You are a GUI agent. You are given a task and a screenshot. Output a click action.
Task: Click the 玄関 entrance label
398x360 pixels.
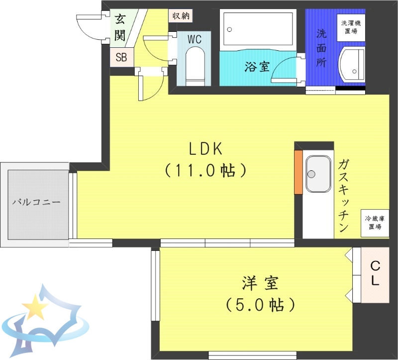[x=120, y=28]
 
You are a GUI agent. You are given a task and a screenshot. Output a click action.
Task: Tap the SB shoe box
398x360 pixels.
[x=121, y=57]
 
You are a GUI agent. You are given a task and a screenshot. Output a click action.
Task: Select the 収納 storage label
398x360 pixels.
[x=181, y=15]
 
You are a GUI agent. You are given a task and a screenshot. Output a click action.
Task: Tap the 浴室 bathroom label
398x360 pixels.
[x=256, y=67]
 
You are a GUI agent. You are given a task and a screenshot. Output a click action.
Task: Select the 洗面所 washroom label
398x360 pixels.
[x=322, y=49]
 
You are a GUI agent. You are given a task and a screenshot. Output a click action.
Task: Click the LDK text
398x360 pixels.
[x=204, y=149]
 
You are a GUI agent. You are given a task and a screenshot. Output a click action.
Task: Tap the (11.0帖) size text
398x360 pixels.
[x=205, y=171]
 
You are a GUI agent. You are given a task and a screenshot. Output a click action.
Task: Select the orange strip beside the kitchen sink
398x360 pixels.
[x=298, y=172]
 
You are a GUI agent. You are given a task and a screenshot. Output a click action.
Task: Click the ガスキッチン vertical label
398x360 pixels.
[x=343, y=196]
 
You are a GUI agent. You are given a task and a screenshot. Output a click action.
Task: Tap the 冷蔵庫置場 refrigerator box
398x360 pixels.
[x=374, y=223]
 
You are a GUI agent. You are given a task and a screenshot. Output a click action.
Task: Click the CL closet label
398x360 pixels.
[x=375, y=274]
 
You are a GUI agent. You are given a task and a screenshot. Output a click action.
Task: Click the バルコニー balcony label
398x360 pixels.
[x=36, y=203]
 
